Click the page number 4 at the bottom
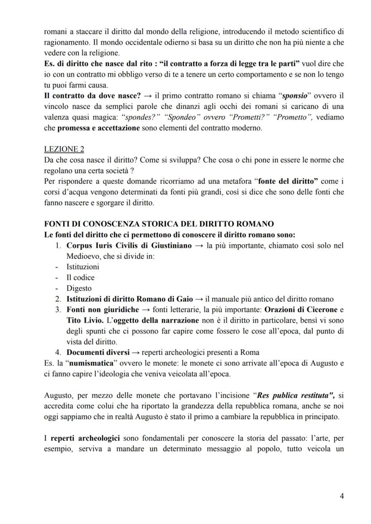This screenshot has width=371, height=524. (342, 496)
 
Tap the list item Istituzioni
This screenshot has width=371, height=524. (83, 267)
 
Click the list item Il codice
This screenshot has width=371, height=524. (80, 277)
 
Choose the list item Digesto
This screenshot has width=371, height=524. (79, 288)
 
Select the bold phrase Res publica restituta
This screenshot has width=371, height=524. (293, 396)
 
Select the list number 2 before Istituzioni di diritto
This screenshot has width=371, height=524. (58, 299)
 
